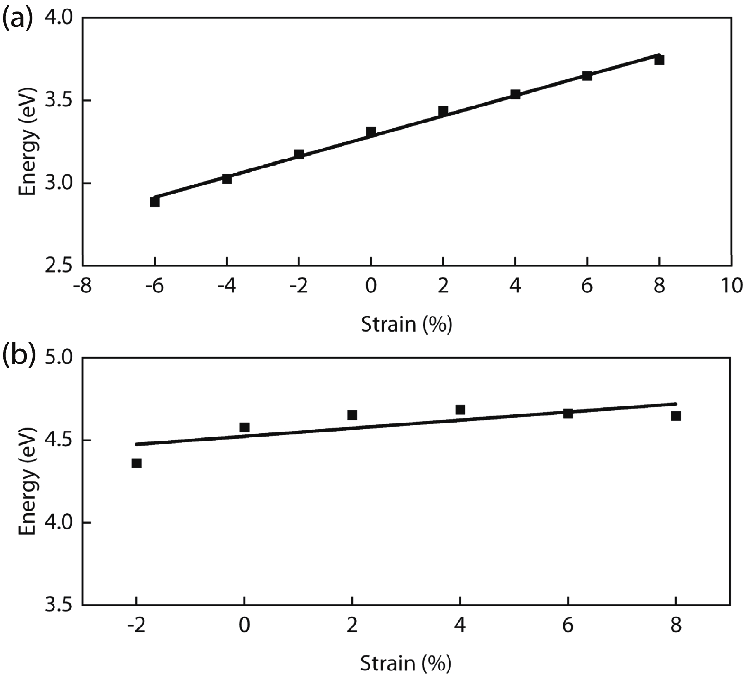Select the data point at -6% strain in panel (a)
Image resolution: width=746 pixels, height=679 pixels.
[x=154, y=202]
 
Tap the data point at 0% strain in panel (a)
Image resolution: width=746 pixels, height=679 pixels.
[x=371, y=132]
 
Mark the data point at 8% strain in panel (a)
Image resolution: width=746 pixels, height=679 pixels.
[x=659, y=60]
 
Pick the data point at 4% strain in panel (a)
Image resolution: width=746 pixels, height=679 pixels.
[x=515, y=94]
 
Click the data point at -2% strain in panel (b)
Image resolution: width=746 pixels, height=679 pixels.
[x=136, y=463]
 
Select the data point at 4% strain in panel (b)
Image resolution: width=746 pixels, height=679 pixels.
[x=460, y=409]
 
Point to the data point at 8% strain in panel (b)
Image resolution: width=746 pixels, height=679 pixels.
[x=676, y=416]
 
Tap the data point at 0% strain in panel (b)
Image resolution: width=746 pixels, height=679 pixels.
[x=244, y=427]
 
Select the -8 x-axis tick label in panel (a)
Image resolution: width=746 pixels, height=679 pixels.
[x=82, y=287]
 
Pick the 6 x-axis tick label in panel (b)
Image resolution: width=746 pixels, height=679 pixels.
[x=568, y=626]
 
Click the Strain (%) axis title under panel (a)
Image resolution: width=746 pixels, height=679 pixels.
[x=406, y=325]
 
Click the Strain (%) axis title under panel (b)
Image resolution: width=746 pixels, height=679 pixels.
[x=406, y=664]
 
